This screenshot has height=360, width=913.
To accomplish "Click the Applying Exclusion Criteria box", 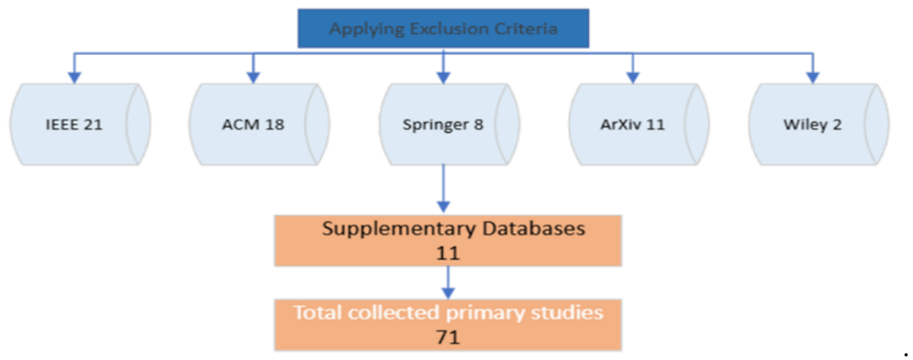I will [x=444, y=30].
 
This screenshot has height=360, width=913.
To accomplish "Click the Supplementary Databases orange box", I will [x=448, y=240].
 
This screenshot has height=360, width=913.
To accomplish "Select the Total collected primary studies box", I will [x=448, y=324].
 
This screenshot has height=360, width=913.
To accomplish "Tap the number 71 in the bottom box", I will [x=448, y=336].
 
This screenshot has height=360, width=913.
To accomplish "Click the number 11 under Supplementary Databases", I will [x=448, y=253].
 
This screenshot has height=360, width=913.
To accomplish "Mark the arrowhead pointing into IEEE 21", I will [x=74, y=76].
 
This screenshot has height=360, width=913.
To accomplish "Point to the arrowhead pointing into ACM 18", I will [x=253, y=76].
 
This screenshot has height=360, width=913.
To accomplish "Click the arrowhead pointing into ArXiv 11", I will [x=632, y=76].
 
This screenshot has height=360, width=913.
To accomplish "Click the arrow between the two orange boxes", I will [x=448, y=283].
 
